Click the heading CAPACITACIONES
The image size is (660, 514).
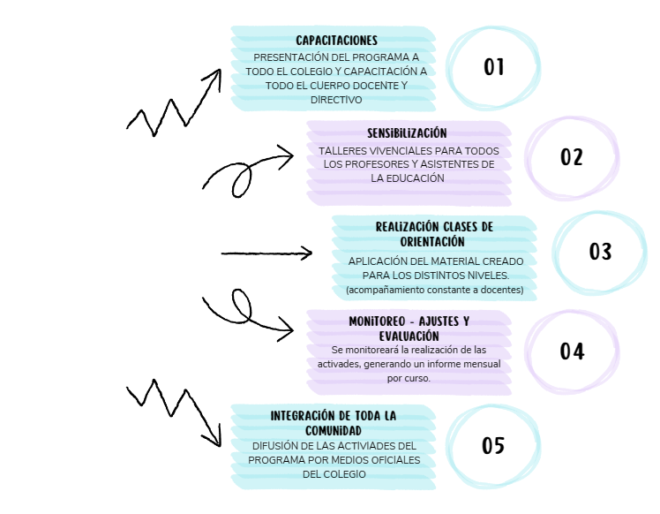tap(336, 41)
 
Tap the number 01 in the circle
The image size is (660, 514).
tap(494, 67)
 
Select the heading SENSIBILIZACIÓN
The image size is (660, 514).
tap(407, 133)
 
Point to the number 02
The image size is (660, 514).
tap(572, 157)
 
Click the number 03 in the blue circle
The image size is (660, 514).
tap(600, 252)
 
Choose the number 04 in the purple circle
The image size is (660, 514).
tap(572, 351)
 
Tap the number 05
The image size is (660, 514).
tap(493, 445)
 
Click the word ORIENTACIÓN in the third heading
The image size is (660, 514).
tap(432, 242)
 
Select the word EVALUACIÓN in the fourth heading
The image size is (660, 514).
tap(409, 336)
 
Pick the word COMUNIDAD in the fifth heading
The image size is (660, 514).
tap(334, 431)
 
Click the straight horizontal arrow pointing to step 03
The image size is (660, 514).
tap(266, 253)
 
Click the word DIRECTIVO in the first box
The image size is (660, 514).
tap(336, 100)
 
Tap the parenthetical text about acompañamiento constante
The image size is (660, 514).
tap(435, 290)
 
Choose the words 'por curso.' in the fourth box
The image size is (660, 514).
tap(409, 378)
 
